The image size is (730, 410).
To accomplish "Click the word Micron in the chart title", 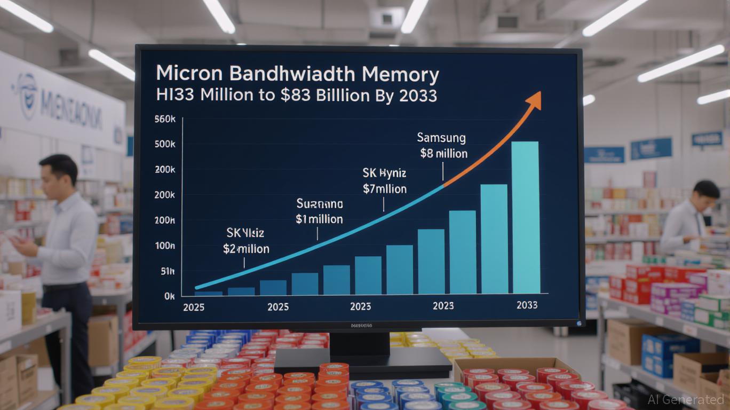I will tap(189, 75).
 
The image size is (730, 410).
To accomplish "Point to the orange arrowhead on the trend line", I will tap(534, 99).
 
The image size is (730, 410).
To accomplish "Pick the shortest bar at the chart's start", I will tap(208, 293).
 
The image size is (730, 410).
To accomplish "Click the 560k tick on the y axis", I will tap(165, 119).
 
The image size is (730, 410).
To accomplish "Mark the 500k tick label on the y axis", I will tap(165, 145).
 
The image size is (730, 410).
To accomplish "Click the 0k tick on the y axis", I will tap(169, 295).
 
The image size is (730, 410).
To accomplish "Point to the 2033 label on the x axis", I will tap(527, 305).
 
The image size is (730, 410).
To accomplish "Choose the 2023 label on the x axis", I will tap(443, 305).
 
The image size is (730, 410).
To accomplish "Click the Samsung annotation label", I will tap(441, 138).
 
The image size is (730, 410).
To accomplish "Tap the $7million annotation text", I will tap(384, 188).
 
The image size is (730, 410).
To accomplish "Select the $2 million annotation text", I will tap(245, 249).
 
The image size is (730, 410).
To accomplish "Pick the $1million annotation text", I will tap(319, 219).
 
